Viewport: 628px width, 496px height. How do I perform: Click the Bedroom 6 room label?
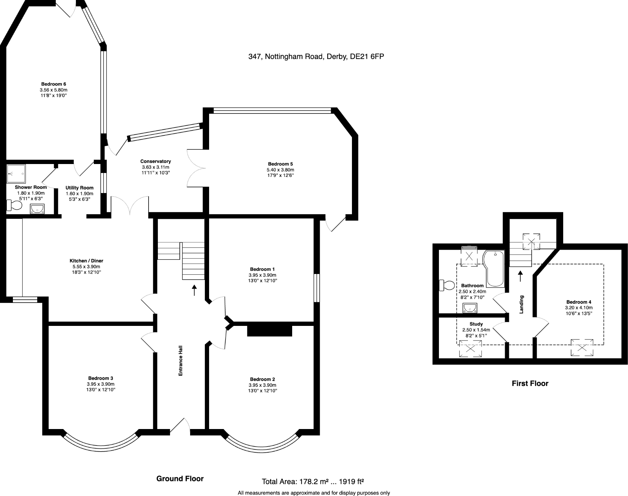tap(53, 84)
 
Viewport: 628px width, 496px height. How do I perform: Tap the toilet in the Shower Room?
tap(14, 205)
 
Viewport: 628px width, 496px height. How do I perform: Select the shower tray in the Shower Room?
tap(16, 174)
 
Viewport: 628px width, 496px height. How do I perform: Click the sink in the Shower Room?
tap(37, 208)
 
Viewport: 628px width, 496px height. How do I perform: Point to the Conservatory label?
tap(155, 162)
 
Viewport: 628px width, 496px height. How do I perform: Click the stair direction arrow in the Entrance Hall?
tap(194, 290)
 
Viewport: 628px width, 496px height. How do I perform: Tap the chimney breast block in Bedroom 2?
tap(269, 330)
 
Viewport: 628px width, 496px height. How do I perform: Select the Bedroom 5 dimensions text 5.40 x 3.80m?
tap(280, 170)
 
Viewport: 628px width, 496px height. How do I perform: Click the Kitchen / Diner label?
tap(86, 261)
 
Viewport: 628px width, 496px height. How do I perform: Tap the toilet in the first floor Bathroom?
tap(446, 285)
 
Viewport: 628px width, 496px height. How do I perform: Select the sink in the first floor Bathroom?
tap(470, 308)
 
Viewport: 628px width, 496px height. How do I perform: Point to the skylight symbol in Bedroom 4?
tap(582, 347)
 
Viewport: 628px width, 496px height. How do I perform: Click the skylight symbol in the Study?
tap(470, 349)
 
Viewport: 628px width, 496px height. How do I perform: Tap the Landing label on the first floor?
tap(522, 304)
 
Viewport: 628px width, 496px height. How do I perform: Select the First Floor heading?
tap(530, 384)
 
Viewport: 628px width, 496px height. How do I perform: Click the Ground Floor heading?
tap(180, 479)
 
